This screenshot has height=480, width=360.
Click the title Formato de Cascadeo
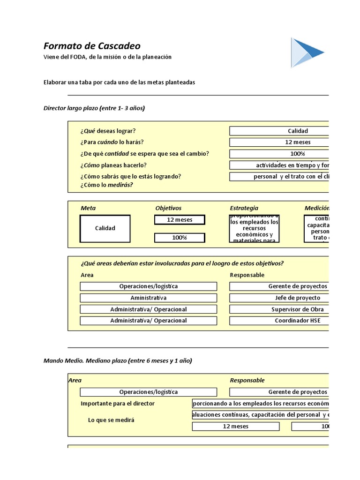click(92, 46)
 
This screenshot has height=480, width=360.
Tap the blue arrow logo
click(306, 53)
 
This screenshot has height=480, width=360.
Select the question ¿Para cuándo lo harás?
click(112, 142)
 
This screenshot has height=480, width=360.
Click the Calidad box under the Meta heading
click(105, 228)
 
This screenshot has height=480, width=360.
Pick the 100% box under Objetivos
click(180, 238)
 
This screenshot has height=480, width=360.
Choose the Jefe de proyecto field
click(279, 298)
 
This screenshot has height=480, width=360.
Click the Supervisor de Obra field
click(279, 309)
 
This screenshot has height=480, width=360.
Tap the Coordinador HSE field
click(279, 321)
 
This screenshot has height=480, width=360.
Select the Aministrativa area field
click(148, 298)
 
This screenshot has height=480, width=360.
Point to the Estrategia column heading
click(244, 208)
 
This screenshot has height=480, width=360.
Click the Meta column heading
click(88, 208)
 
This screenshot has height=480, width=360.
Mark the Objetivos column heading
click(168, 208)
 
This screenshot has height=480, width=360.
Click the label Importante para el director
click(118, 404)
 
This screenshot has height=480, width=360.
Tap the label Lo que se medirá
click(111, 420)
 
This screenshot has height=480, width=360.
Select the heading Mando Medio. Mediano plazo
click(118, 360)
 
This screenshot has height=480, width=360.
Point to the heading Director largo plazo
click(94, 108)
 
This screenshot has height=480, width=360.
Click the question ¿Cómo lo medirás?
click(106, 185)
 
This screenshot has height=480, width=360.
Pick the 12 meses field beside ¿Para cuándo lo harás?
click(279, 142)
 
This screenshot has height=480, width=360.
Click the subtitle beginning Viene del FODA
click(107, 57)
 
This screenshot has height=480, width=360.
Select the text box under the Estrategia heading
click(254, 228)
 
